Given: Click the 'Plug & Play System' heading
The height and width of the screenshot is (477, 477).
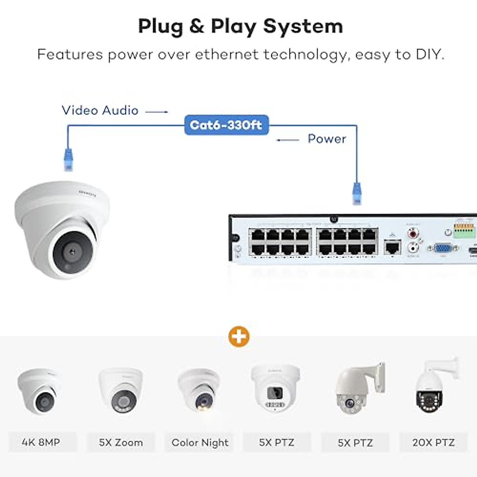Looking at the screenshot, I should (x=240, y=27).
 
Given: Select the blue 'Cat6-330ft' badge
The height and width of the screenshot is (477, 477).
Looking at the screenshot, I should (x=226, y=125).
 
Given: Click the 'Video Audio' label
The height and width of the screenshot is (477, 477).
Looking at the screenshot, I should (x=100, y=110).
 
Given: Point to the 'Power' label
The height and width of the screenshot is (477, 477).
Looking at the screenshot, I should (x=327, y=139).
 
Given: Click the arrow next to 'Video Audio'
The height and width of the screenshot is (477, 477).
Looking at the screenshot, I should (x=157, y=112).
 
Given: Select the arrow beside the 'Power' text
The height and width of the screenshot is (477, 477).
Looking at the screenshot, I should (x=288, y=140).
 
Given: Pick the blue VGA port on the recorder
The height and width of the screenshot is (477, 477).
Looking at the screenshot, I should (x=443, y=248).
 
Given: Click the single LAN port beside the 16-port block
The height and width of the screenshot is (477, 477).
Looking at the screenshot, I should (x=392, y=247).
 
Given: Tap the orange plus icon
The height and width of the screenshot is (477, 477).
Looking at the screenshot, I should (x=239, y=337).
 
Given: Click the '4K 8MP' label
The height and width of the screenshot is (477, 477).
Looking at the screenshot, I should (x=41, y=442).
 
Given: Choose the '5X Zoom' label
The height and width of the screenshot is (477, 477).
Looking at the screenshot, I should (x=121, y=442).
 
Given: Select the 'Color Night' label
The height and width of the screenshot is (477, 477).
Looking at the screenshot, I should (x=200, y=442).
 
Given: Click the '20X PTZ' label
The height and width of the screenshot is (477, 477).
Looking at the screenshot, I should (x=433, y=442).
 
